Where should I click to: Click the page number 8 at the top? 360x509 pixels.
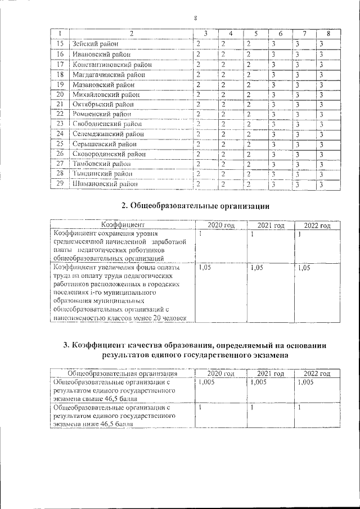[x=195, y=18]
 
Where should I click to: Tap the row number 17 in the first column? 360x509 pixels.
[x=60, y=65]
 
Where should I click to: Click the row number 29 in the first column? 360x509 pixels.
[x=60, y=184]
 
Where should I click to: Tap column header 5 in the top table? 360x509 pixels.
[x=255, y=34]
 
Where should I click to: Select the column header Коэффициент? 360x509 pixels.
[x=123, y=225]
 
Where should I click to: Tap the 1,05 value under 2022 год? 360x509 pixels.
[x=304, y=269]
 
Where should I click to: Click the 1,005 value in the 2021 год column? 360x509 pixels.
[x=259, y=382]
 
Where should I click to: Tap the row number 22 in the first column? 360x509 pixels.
[x=60, y=114]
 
